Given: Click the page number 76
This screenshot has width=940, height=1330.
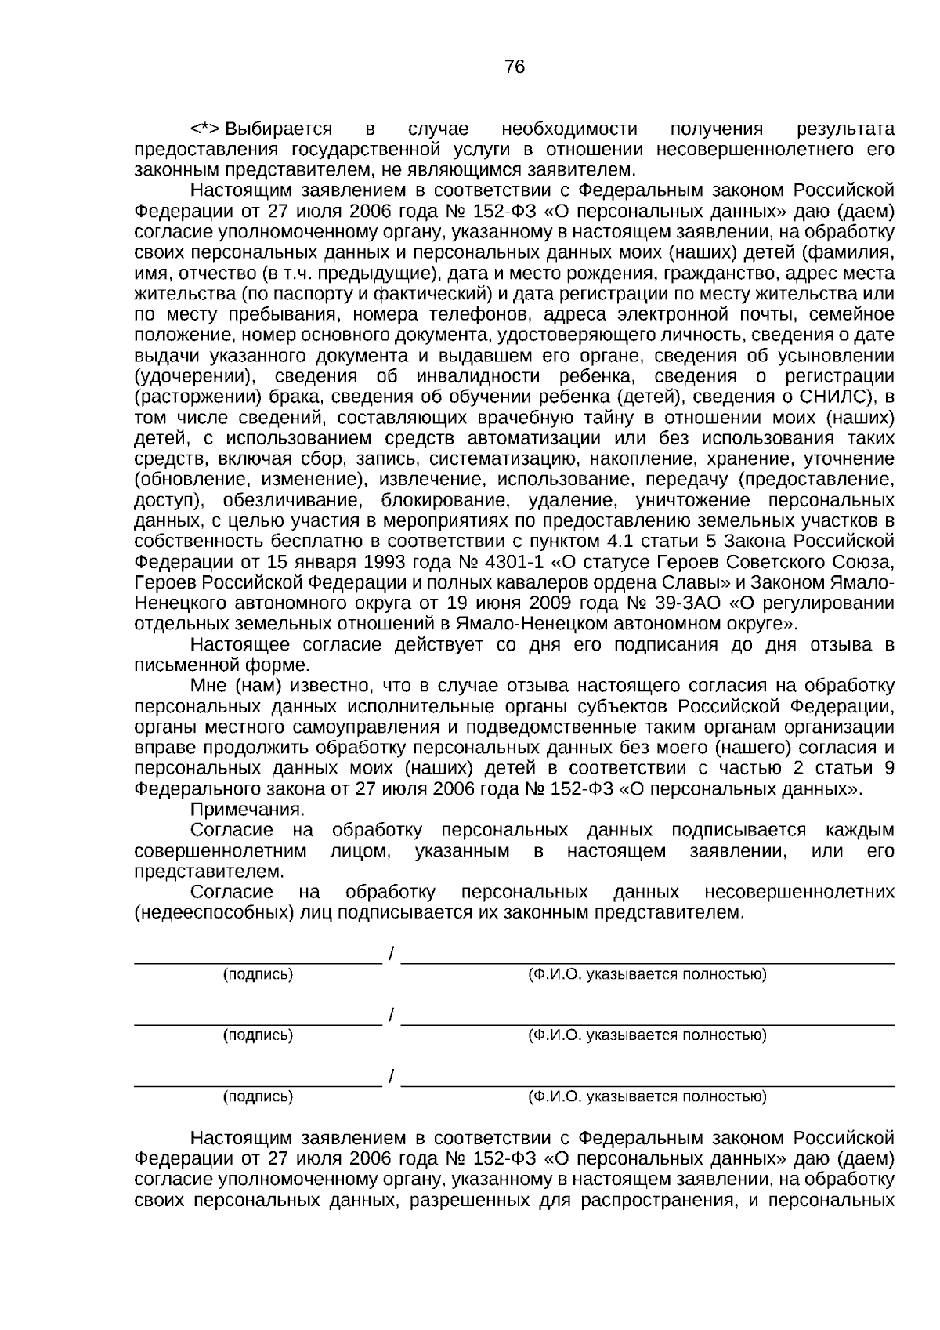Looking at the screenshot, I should [x=515, y=67].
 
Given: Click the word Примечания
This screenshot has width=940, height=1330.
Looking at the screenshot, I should [x=248, y=809].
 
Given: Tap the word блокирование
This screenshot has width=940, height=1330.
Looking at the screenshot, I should [x=446, y=500].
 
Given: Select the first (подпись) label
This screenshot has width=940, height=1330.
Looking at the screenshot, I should [x=258, y=974].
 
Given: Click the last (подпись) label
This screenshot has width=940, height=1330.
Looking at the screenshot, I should [x=258, y=1096].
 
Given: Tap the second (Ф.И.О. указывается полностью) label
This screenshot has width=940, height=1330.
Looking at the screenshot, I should [x=647, y=1035].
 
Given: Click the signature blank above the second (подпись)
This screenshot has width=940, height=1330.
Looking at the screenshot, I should [x=258, y=1019].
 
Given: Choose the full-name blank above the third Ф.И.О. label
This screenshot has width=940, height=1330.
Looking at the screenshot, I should [x=647, y=1082].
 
